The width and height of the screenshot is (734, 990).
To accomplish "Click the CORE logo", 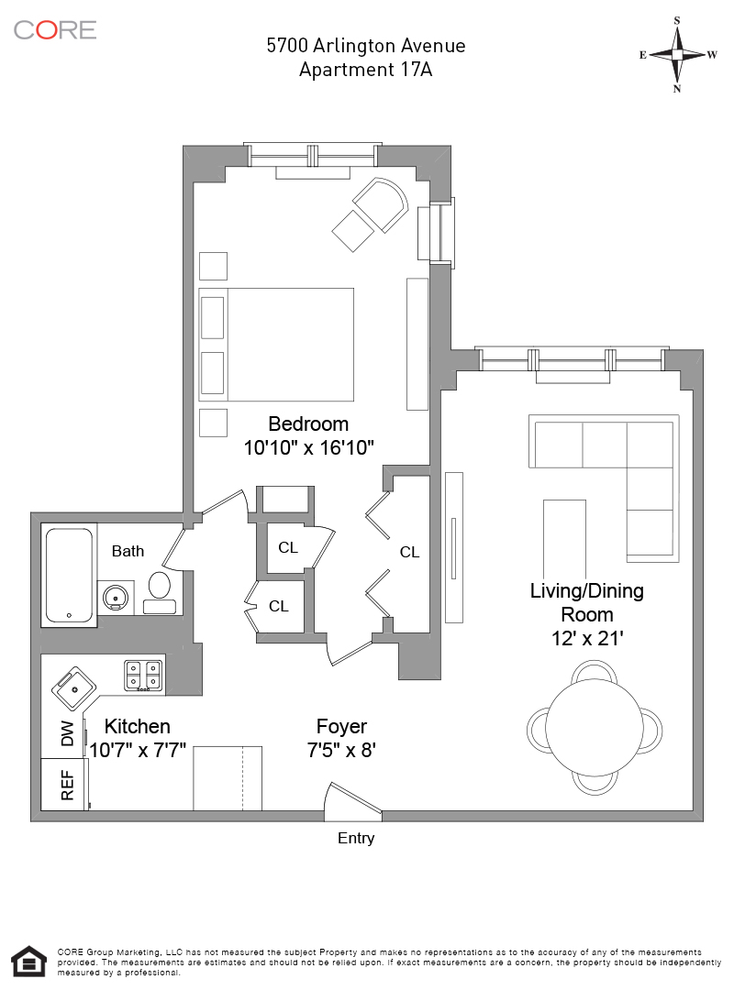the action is (x=55, y=29).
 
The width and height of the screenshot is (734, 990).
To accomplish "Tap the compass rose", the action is (x=677, y=54).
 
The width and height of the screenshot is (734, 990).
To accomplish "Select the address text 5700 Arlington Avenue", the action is (x=365, y=46).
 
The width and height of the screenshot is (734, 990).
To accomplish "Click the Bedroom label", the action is (x=308, y=423).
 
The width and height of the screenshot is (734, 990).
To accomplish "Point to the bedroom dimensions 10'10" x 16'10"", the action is (x=308, y=447).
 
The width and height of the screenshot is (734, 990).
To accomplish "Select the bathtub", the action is (x=69, y=575).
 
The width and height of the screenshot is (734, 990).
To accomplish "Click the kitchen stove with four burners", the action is (x=144, y=676).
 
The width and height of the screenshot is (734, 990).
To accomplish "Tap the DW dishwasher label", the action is (x=66, y=734).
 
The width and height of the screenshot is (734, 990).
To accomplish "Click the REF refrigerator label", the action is (x=66, y=785).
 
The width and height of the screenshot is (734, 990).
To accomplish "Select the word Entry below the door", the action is (x=356, y=838).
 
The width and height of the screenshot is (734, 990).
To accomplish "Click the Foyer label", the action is (x=341, y=726).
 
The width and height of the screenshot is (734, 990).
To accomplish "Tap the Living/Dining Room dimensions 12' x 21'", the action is (x=586, y=639).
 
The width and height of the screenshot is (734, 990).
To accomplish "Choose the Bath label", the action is (x=128, y=551).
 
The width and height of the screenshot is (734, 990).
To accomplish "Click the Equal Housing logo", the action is (x=29, y=961).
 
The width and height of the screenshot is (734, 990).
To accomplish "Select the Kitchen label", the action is (x=137, y=726).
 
